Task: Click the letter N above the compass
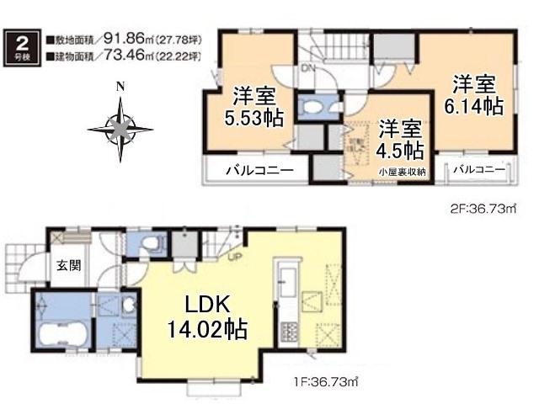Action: [120, 87]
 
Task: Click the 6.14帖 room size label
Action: [473, 106]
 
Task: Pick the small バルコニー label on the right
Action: [478, 169]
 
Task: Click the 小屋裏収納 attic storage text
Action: [403, 172]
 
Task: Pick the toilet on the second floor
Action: [318, 107]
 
